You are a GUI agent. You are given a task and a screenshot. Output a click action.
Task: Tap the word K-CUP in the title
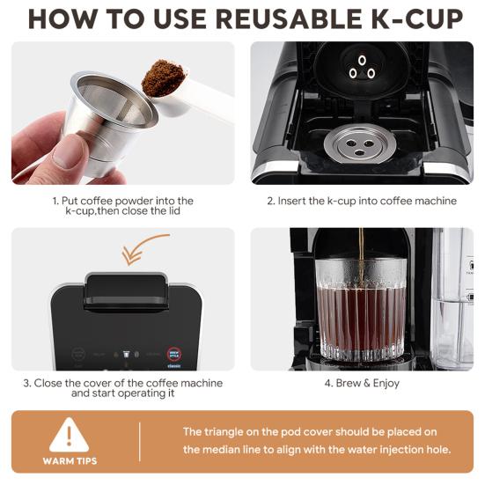(x=415, y=19)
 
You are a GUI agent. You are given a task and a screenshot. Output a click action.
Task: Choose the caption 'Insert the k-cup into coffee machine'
(x=362, y=201)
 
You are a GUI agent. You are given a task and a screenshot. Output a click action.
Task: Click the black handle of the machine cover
(x=125, y=291)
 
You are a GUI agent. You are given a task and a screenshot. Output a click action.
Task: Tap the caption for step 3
(x=122, y=388)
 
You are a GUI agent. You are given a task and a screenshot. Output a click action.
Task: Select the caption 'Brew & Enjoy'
(x=362, y=384)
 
